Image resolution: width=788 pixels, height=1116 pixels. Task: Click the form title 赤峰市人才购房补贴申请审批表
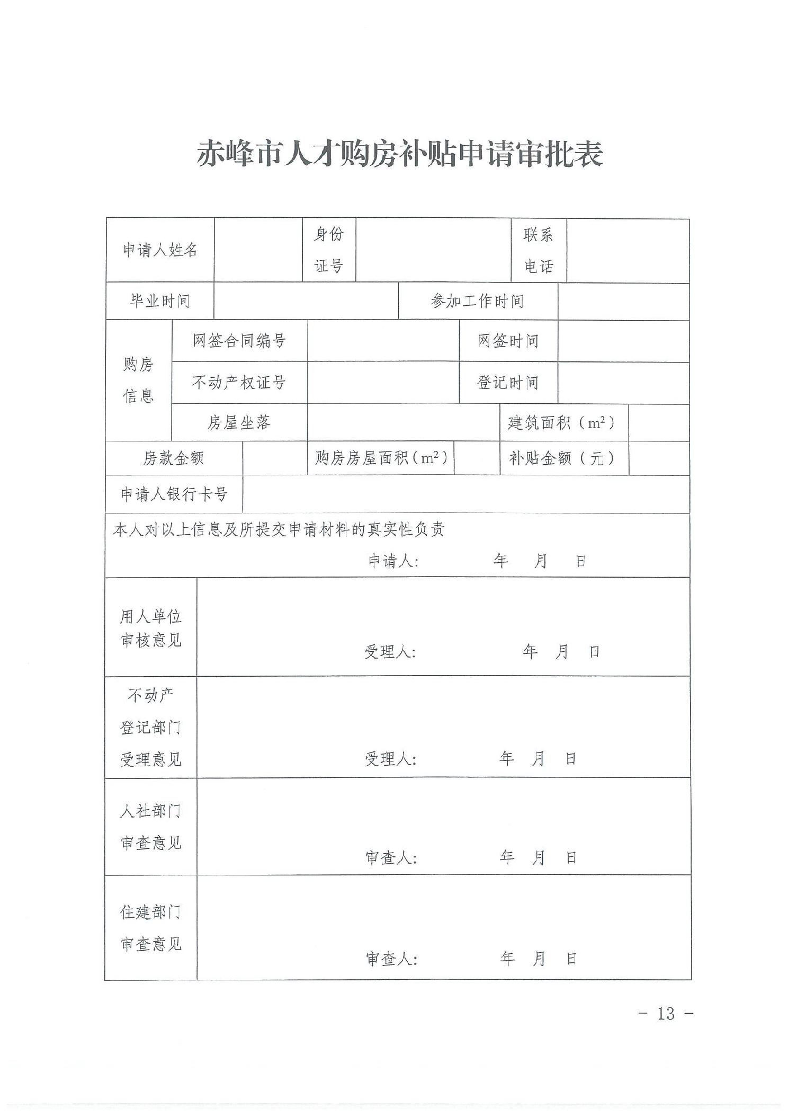400,154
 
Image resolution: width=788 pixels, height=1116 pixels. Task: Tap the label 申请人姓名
160,250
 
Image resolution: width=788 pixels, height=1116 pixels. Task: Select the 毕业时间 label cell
160,301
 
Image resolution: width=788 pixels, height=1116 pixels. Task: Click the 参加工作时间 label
477,301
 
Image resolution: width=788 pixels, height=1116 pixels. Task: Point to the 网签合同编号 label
239,341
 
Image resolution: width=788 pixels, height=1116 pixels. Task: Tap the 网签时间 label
508,341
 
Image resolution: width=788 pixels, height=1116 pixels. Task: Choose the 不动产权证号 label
239,382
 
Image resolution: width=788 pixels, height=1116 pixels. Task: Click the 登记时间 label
508,382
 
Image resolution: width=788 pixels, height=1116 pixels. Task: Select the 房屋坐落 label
239,422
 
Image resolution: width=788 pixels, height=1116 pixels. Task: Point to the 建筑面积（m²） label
562,422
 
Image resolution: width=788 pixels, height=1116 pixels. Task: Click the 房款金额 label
174,458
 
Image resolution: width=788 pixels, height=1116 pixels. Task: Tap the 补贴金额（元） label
562,458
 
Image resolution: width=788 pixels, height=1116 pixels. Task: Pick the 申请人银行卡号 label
174,494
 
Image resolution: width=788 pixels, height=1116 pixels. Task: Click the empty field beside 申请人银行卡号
466,494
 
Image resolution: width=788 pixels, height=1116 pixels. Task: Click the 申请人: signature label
393,561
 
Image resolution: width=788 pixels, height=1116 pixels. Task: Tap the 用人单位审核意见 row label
151,628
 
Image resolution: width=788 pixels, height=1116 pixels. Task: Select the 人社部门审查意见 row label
151,827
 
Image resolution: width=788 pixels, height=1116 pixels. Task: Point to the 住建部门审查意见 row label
151,928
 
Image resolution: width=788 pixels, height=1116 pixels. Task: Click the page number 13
666,1014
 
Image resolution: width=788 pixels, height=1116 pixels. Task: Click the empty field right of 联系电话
628,250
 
